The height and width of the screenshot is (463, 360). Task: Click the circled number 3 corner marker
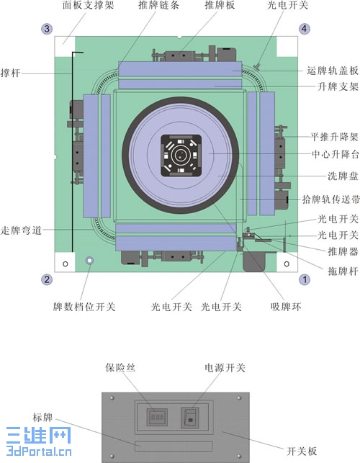[x=47, y=29]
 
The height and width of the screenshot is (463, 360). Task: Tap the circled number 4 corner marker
[x=305, y=29]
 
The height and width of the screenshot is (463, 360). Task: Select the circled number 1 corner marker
[x=305, y=279]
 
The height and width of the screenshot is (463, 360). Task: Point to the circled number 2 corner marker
[x=47, y=279]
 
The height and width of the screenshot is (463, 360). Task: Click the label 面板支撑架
[x=88, y=5]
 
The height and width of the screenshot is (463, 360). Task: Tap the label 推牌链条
[x=159, y=5]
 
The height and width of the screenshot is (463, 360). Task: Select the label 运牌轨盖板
[x=333, y=71]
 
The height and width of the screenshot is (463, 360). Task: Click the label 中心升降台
[x=336, y=154]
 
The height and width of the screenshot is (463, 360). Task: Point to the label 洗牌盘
[x=343, y=176]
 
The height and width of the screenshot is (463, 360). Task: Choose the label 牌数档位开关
[x=84, y=307]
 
